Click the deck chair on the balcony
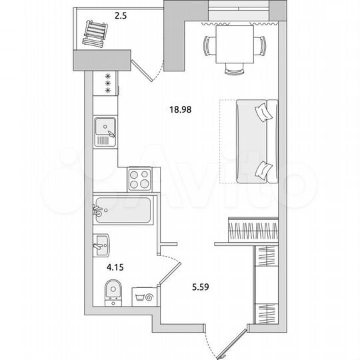point(95,32)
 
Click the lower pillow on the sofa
point(265,170)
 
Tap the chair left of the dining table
point(208,45)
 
